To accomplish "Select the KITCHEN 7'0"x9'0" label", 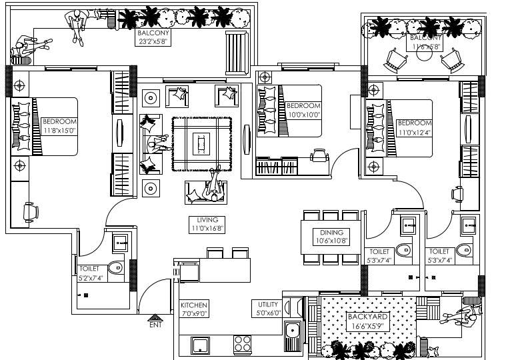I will pyautogui.click(x=193, y=309).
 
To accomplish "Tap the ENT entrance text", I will pyautogui.click(x=155, y=325).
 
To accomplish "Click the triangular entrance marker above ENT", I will pyautogui.click(x=155, y=317).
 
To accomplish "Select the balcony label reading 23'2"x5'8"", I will pyautogui.click(x=154, y=37).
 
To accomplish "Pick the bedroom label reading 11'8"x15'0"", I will pyautogui.click(x=59, y=125).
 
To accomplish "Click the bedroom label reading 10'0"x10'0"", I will pyautogui.click(x=303, y=109).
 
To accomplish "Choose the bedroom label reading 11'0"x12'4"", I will pyautogui.click(x=413, y=127).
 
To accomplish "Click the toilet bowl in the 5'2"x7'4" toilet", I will pyautogui.click(x=116, y=269).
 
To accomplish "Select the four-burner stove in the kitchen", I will pyautogui.click(x=241, y=345).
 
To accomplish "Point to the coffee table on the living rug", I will pyautogui.click(x=201, y=143).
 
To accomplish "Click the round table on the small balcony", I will pyautogui.click(x=424, y=55).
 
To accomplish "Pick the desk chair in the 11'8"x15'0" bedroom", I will pyautogui.click(x=31, y=211).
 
